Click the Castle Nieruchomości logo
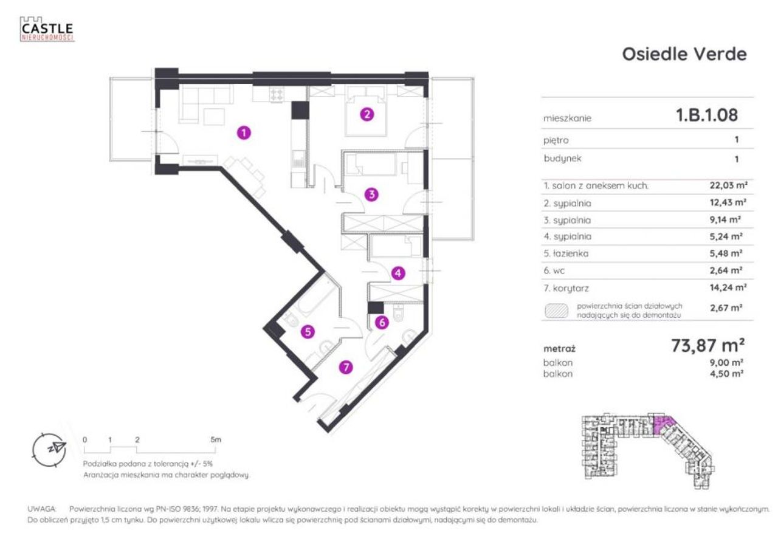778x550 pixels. [47, 29]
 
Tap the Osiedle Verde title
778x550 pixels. [684, 55]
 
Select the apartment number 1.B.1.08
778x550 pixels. [707, 115]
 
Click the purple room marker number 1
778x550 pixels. [244, 133]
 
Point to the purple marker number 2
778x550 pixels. [367, 114]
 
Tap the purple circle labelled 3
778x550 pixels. [371, 194]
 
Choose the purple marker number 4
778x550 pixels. [398, 273]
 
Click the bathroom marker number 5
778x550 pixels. [308, 332]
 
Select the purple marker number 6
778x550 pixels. [382, 323]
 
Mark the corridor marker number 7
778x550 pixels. [346, 367]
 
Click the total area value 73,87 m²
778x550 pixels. [707, 345]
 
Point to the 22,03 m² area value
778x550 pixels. [728, 185]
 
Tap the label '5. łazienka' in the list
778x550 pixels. [566, 253]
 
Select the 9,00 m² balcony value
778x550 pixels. [726, 362]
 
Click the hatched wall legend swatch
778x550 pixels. [556, 311]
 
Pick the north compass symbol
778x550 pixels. [49, 450]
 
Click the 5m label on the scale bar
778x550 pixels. [215, 439]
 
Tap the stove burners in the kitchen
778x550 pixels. [277, 94]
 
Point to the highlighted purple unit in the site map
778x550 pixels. [663, 425]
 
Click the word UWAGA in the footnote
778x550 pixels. [42, 509]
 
